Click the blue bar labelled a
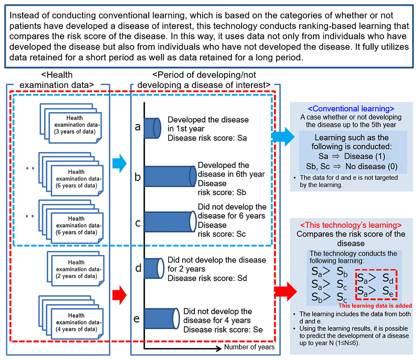153,128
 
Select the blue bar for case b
171,176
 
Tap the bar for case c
171,222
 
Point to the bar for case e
162,319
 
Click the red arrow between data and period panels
119,295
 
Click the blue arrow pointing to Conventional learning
283,137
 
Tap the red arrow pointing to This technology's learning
286,292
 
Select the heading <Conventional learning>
351,108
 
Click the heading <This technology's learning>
351,225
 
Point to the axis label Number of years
249,347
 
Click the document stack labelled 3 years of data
71,123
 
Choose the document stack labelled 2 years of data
76,269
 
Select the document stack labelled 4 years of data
71,318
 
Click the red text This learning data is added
375,306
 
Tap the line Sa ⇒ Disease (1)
351,156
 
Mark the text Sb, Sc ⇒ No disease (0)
351,167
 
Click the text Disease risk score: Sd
207,278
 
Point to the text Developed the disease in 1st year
208,124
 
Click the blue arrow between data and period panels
119,163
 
